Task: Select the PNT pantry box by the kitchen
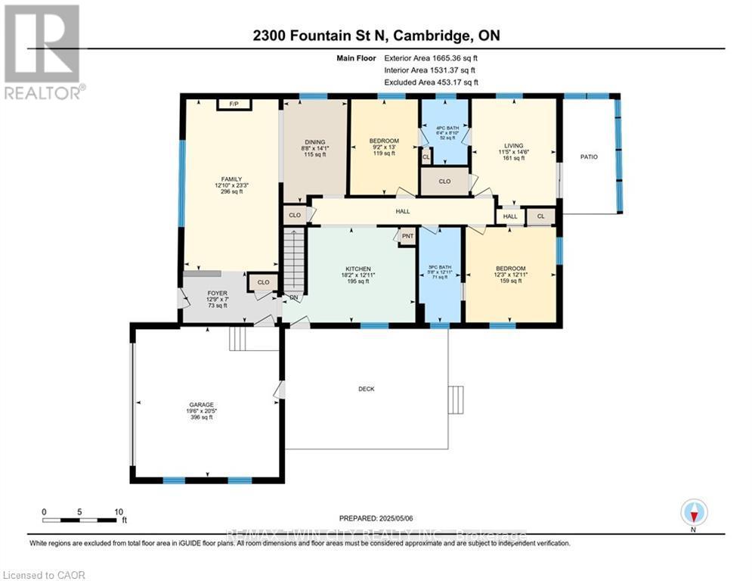[x=407, y=235]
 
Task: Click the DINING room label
[x=315, y=141]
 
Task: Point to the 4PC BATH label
[x=444, y=126]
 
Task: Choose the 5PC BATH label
[x=441, y=267]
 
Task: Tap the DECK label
[x=367, y=389]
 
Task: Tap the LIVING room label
[x=514, y=146]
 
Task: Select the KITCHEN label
[x=357, y=269]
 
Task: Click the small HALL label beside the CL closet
[x=510, y=216]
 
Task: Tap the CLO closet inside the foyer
[x=263, y=282]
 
